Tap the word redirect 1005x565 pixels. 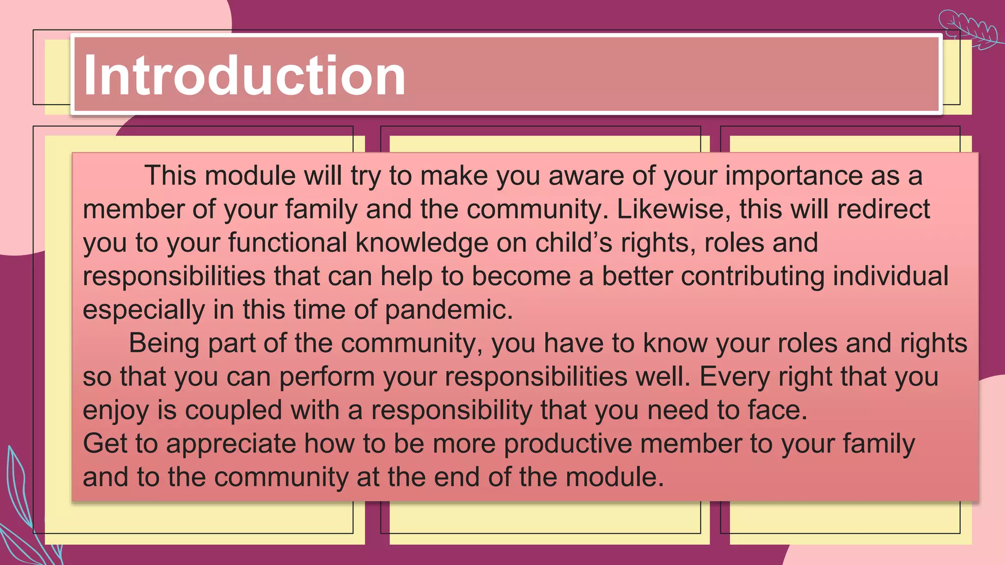point(883,209)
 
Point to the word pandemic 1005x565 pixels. point(449,310)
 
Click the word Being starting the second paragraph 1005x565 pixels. point(164,343)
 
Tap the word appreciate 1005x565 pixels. point(231,444)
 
